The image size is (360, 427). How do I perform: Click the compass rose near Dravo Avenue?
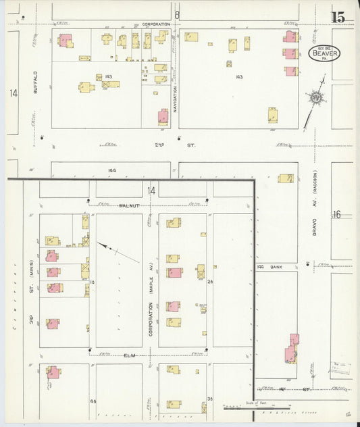click(x=315, y=99)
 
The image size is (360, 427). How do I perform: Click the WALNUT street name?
click(x=128, y=205)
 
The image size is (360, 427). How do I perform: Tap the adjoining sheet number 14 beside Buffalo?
click(x=14, y=93)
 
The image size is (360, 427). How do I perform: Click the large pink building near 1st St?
click(x=292, y=348)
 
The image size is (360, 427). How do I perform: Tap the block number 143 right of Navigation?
click(x=238, y=77)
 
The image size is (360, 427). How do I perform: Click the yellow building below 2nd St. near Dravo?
click(x=286, y=178)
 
